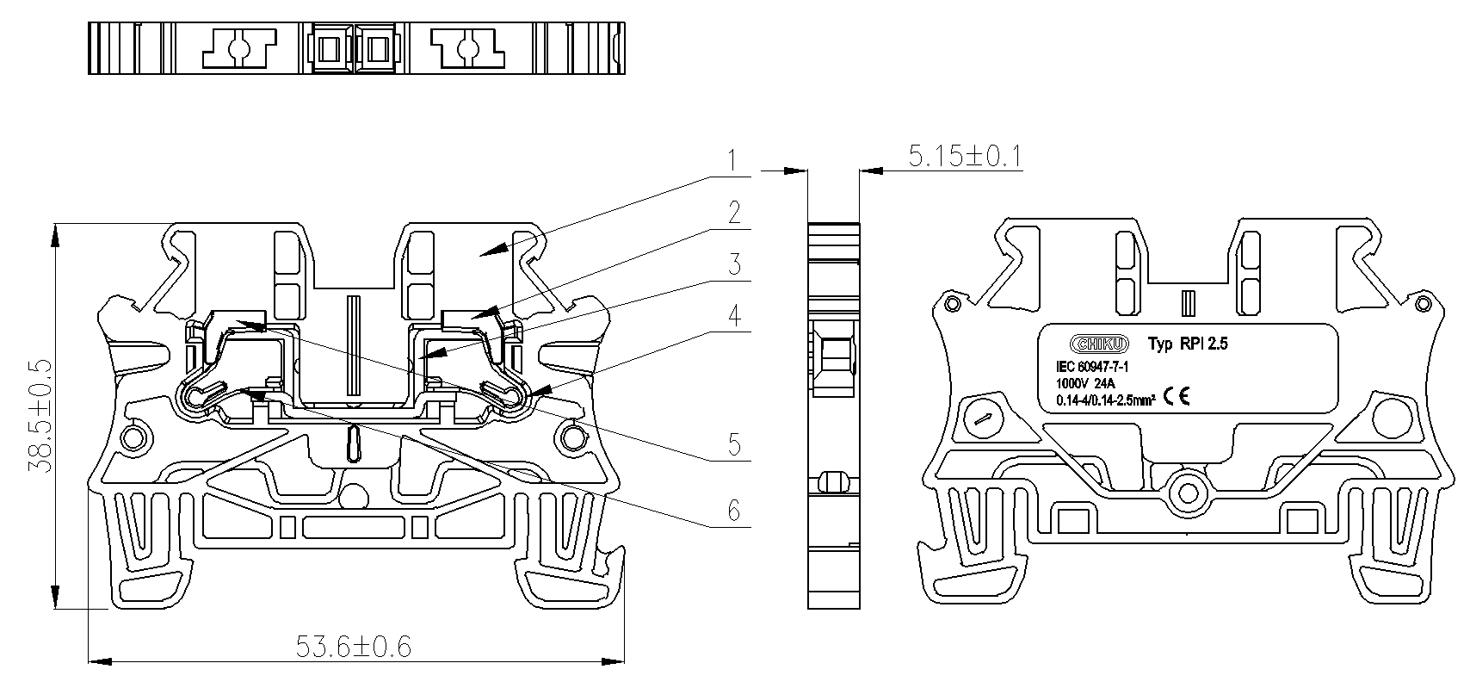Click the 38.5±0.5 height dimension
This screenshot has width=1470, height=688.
[40, 416]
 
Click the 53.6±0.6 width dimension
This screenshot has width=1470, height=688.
[354, 647]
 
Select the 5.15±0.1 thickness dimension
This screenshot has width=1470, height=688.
[966, 156]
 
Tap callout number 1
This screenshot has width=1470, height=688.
[733, 161]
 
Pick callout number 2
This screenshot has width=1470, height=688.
[734, 213]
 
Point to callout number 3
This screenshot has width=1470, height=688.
[734, 263]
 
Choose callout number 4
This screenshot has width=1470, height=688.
[734, 315]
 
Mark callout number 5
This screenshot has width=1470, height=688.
[734, 445]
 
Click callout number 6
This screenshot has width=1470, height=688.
[734, 510]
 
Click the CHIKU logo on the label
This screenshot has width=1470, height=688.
[1099, 344]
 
